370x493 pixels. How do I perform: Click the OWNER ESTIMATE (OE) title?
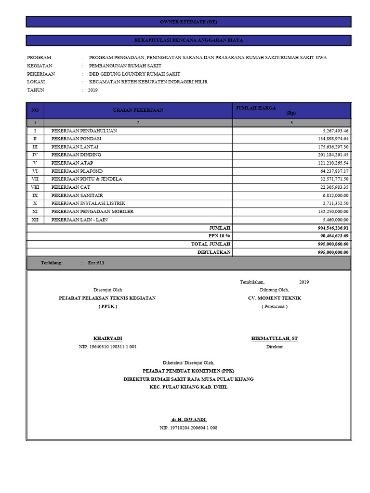[x=188, y=22]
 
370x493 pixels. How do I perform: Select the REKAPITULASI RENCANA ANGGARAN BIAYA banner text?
[x=188, y=40]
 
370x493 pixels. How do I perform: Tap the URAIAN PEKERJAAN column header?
[x=138, y=110]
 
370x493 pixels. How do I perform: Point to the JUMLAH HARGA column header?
[x=255, y=108]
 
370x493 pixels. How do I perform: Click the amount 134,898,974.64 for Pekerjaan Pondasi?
[x=330, y=139]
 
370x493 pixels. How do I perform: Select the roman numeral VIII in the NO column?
[x=35, y=187]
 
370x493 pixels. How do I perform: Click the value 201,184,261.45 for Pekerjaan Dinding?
[x=330, y=155]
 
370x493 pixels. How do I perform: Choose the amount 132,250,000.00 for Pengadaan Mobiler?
[x=330, y=212]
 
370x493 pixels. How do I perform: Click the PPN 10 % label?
[x=219, y=236]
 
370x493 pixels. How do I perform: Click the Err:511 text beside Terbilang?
[x=96, y=263]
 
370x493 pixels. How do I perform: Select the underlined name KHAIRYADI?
[x=107, y=339]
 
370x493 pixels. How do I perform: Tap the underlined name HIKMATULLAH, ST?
[x=274, y=339]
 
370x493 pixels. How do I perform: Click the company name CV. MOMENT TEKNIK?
[x=274, y=298]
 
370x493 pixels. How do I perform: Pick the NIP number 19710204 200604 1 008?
[x=188, y=428]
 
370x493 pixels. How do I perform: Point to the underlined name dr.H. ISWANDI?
[x=188, y=420]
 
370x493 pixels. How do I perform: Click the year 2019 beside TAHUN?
[x=92, y=90]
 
